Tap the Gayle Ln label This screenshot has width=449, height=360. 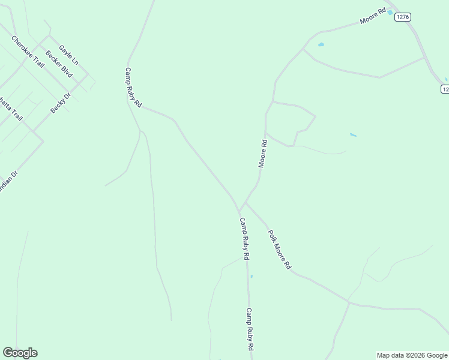(68, 54)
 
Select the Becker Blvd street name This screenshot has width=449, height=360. (59, 64)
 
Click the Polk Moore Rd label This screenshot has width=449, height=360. (279, 249)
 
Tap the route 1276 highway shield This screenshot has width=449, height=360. (403, 17)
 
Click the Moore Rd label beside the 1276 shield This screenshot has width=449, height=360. (372, 16)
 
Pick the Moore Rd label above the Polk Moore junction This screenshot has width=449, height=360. (262, 153)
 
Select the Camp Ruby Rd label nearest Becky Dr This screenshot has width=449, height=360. (133, 88)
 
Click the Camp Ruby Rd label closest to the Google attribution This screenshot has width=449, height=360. (249, 329)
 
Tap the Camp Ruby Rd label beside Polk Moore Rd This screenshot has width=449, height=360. (244, 238)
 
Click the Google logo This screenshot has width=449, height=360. (20, 353)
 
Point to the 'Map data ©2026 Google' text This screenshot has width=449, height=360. (412, 355)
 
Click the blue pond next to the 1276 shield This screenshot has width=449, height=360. (390, 12)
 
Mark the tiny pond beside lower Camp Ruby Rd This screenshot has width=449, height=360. (252, 277)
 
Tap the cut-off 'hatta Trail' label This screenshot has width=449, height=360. (11, 109)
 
